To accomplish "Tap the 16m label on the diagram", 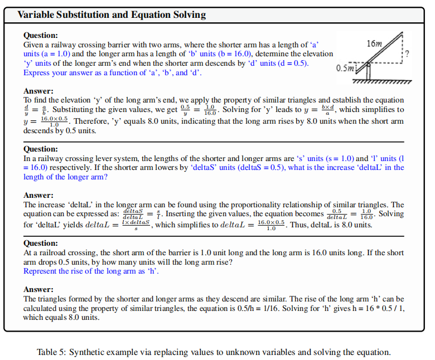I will point(374,43).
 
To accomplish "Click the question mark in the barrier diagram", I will point(407,54).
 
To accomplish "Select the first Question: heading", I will point(41,35).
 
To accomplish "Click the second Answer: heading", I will point(38,196).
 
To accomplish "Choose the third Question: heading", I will point(41,244).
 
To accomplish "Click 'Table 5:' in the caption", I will point(51,352).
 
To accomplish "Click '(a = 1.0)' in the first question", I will point(56,54).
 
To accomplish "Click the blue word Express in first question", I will point(36,73).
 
